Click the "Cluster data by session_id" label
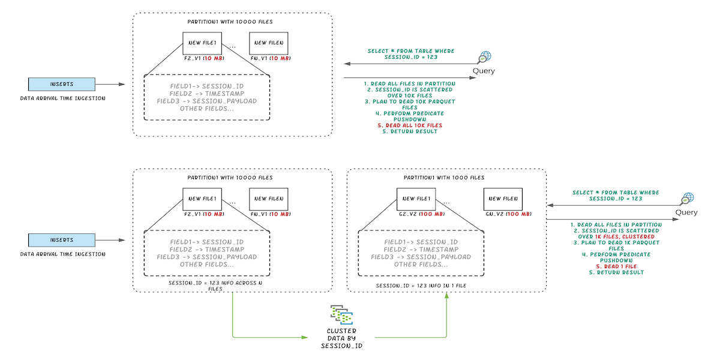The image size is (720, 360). click(341, 338)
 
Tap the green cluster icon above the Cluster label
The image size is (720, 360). click(341, 315)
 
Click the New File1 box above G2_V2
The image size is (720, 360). click(416, 199)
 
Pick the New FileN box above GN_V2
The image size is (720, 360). click(503, 199)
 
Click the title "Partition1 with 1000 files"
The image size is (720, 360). click(446, 178)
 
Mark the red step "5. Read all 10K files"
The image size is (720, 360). click(410, 125)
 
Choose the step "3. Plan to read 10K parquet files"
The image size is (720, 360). click(410, 104)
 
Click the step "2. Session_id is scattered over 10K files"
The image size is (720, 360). click(410, 93)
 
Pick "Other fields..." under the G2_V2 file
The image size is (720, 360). click(421, 265)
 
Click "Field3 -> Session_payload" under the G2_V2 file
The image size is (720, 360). click(421, 257)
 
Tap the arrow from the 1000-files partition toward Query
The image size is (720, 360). click(612, 220)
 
